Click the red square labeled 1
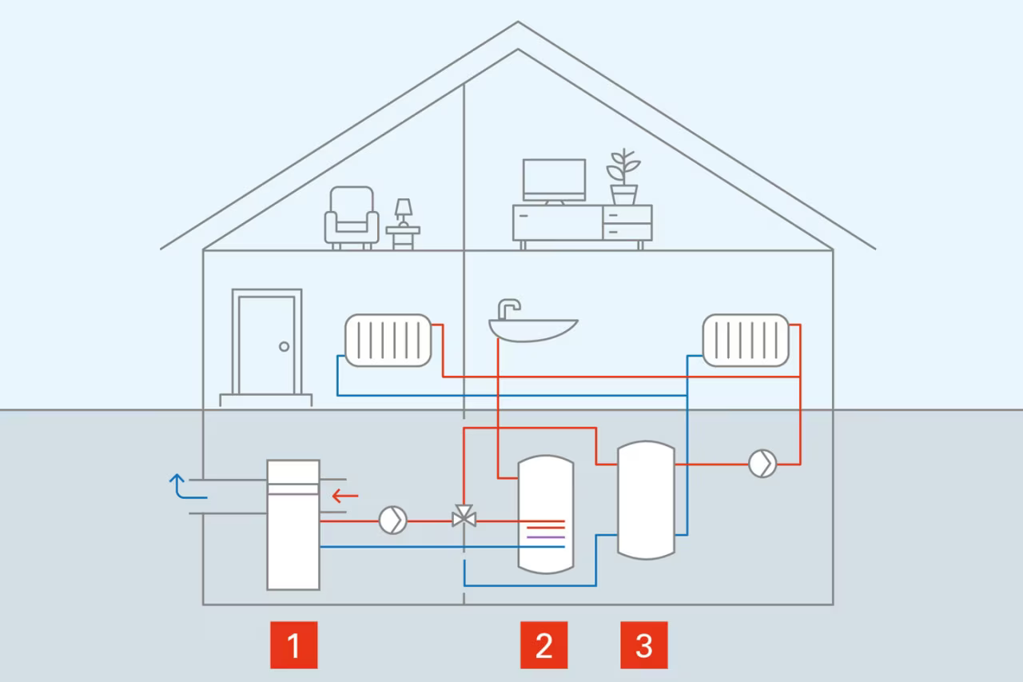tap(293, 644)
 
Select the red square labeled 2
tap(543, 644)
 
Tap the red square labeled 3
tap(644, 644)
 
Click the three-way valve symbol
tap(464, 516)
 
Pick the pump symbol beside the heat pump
tap(392, 520)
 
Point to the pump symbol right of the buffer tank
tap(762, 464)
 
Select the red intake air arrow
tap(344, 496)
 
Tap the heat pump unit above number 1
tap(293, 524)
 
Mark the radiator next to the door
tap(388, 340)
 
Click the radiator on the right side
tap(746, 340)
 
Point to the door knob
tap(284, 346)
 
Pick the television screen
tap(554, 179)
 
